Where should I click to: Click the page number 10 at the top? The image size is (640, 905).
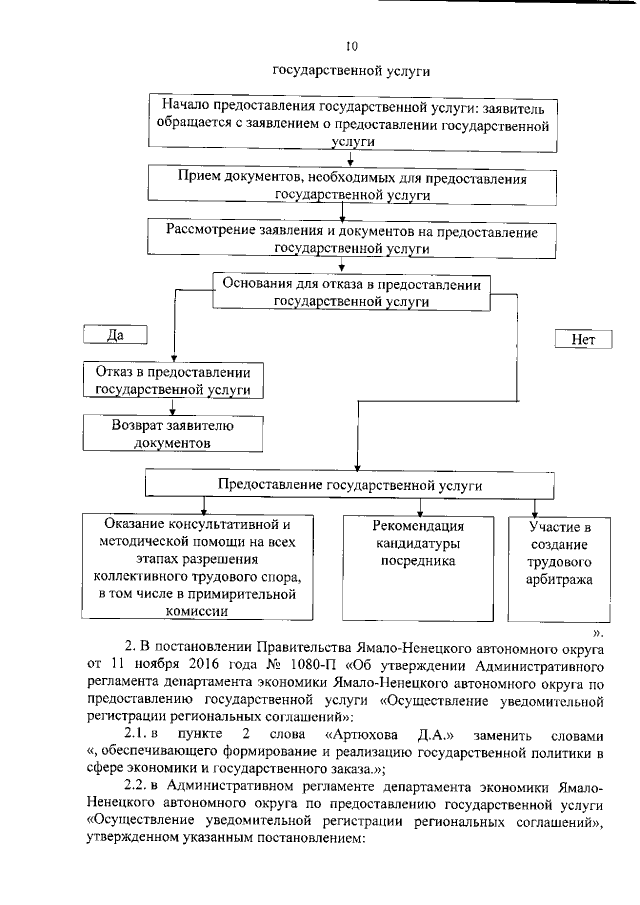click(350, 45)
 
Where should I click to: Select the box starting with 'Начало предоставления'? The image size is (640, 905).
click(350, 122)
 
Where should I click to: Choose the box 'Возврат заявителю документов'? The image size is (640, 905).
click(173, 431)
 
